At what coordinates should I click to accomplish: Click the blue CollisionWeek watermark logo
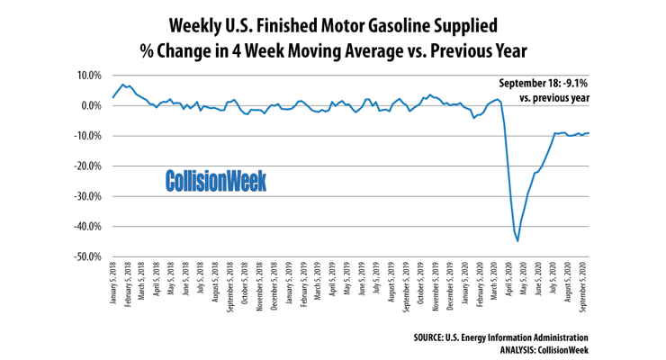coord(216,181)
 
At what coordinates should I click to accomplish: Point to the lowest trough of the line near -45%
coord(517,240)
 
